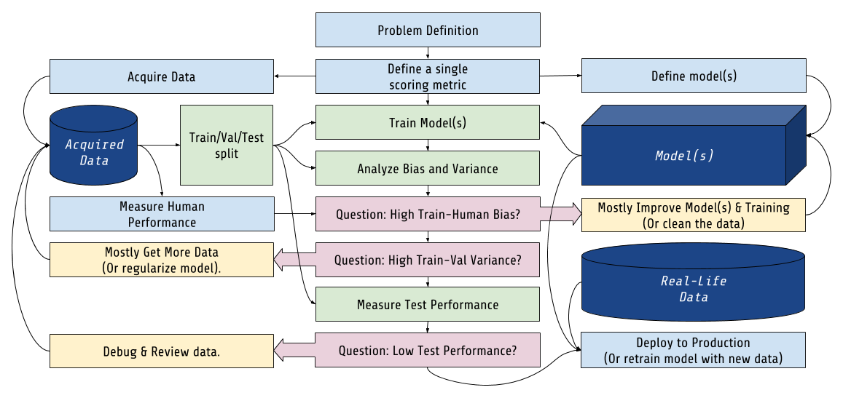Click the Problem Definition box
point(428,30)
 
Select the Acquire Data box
point(161,76)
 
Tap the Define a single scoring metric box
point(428,76)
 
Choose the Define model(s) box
point(694,76)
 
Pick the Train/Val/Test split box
point(227,145)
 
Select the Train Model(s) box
point(428,122)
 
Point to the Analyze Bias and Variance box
point(428,168)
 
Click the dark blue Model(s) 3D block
point(684,155)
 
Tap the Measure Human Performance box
point(162,214)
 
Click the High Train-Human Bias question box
point(428,214)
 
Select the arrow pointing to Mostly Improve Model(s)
point(560,213)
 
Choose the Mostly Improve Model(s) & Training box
point(694,215)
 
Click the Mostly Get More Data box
point(161,260)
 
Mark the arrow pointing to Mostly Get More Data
point(295,258)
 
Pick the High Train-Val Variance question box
point(428,260)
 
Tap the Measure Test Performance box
point(428,304)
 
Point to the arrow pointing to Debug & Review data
point(295,351)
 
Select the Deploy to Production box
point(694,350)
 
